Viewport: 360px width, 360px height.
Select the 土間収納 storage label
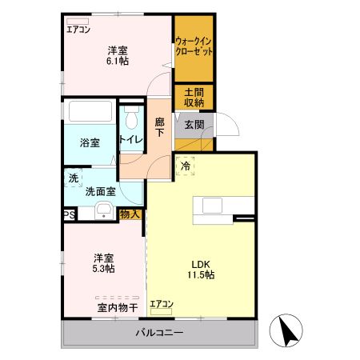(x=193, y=97)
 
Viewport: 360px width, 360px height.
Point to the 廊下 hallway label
(x=159, y=128)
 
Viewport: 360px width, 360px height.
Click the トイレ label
(x=130, y=140)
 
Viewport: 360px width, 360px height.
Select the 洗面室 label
(x=101, y=191)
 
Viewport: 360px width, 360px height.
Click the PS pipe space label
(x=70, y=214)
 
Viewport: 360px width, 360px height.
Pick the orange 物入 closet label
(x=130, y=214)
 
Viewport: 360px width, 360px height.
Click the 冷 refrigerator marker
(x=185, y=166)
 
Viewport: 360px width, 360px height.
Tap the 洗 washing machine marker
(x=73, y=177)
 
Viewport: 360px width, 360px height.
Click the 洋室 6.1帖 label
(x=118, y=58)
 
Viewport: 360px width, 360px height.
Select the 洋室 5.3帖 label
(x=102, y=262)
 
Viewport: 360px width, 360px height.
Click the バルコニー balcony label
(x=159, y=332)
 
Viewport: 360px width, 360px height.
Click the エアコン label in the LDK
(x=161, y=303)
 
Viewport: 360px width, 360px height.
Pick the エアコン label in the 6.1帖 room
(x=78, y=30)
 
